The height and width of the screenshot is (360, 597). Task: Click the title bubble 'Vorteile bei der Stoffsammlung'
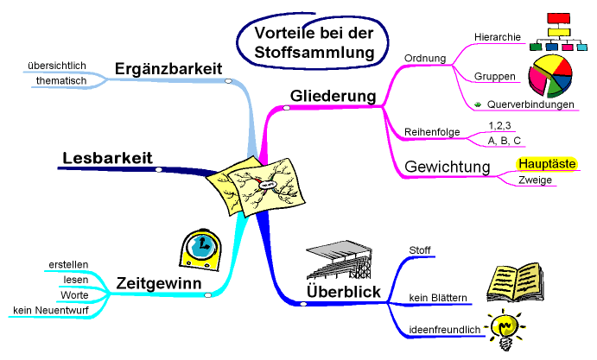click(308, 42)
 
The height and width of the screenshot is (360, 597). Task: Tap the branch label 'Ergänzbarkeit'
click(168, 68)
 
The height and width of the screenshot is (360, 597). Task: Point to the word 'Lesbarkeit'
click(107, 157)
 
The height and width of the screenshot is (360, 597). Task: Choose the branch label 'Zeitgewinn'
click(159, 282)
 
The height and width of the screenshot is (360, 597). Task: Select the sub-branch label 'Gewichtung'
click(448, 165)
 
